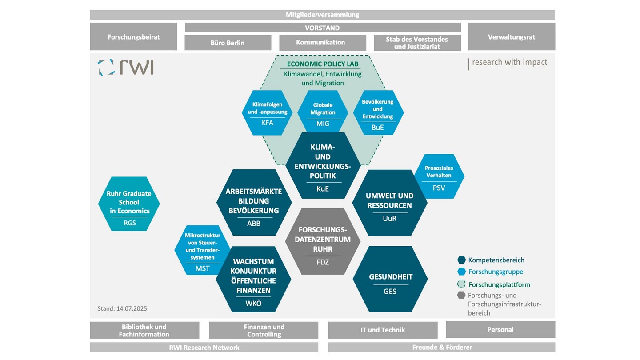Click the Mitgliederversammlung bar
322,15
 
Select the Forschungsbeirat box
133,37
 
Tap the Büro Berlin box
228,43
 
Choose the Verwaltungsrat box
511,37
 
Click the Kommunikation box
322,43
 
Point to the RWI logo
126,68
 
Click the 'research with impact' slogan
509,62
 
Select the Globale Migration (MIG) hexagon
323,113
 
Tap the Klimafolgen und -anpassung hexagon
267,113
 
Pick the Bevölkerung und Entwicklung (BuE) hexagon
378,113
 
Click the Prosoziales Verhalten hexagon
439,176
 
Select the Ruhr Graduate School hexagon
129,204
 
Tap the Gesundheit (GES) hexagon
390,280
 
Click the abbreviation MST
202,268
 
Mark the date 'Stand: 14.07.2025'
122,308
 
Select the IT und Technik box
383,330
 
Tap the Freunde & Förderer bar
442,347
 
